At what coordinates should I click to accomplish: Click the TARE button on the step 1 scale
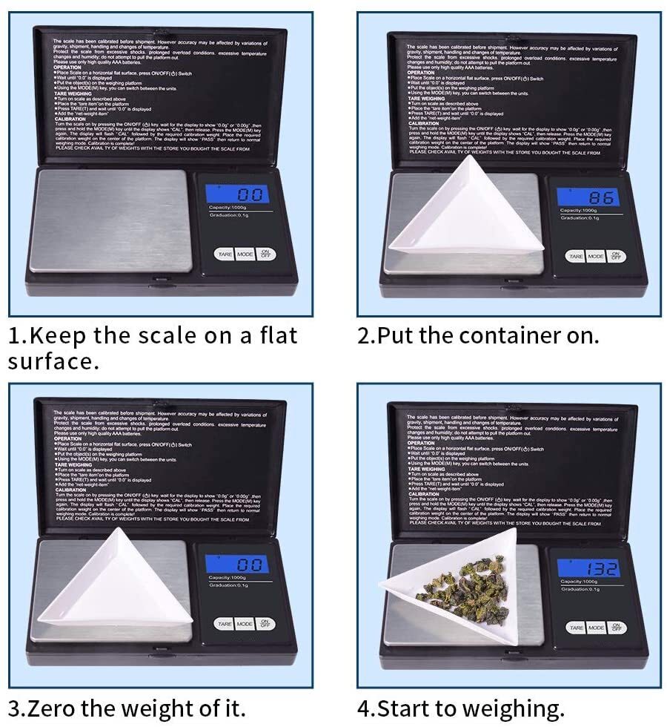(x=225, y=254)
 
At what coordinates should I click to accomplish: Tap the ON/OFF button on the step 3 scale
(x=265, y=625)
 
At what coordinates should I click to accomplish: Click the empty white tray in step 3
(x=119, y=586)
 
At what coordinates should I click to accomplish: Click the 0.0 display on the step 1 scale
(x=238, y=194)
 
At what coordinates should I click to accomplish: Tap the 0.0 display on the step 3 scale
(x=238, y=565)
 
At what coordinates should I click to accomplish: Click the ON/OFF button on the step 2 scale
(x=616, y=256)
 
